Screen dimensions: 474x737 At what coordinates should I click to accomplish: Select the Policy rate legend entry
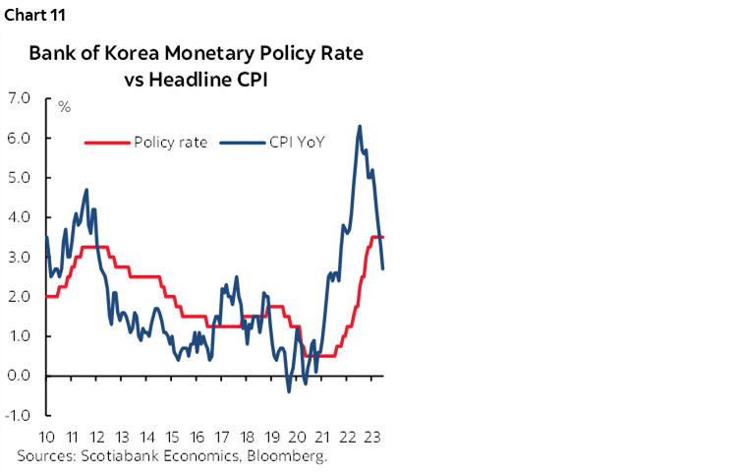(169, 142)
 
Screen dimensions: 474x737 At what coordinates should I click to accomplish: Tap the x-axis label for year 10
(46, 438)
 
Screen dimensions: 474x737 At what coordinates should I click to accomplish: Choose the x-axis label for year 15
(171, 438)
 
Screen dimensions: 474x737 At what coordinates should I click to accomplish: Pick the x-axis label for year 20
(297, 438)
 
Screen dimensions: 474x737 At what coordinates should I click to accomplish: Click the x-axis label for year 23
(371, 438)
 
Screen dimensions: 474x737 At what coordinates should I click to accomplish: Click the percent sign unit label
(64, 107)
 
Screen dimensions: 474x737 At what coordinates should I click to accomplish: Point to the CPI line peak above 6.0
(360, 126)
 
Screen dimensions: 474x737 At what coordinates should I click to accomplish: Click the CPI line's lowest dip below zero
(289, 391)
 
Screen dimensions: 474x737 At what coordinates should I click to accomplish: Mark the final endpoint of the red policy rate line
(383, 237)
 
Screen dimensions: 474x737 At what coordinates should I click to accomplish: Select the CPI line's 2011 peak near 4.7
(87, 190)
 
